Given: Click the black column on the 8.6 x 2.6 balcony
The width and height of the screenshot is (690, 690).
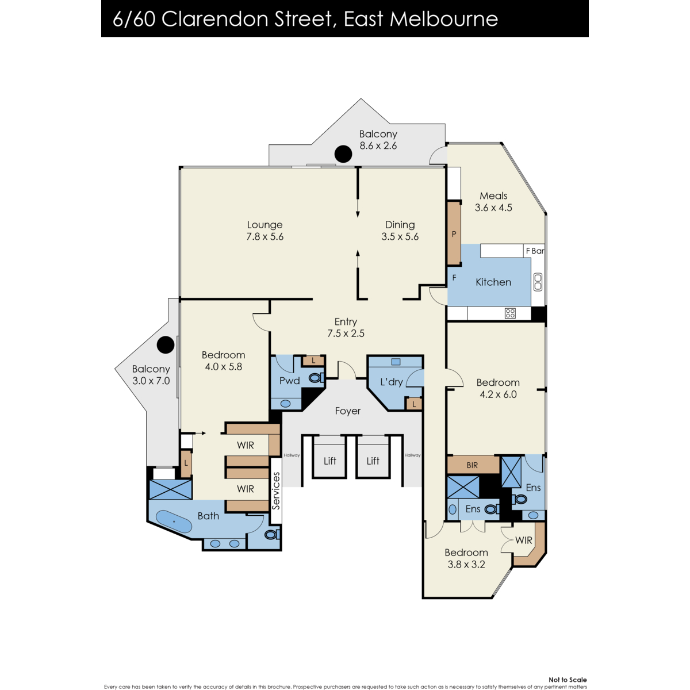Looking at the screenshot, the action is point(343,154).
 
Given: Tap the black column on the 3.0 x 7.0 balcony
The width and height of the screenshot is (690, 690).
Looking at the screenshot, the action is point(166,345).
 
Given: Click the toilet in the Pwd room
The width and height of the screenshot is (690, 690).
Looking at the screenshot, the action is point(316,377).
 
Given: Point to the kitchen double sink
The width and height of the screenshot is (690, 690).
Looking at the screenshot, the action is point(538,282).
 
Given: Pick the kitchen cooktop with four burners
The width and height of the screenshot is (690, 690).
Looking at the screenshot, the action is point(510,313).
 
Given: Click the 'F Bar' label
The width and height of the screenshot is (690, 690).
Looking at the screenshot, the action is point(535,251).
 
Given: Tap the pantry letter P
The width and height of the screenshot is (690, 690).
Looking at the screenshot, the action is point(454,234).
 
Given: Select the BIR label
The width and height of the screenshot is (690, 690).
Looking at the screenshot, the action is point(472,465).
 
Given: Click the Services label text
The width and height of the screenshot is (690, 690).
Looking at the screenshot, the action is point(276,490).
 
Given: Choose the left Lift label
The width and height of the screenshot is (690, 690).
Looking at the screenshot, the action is point(330,461).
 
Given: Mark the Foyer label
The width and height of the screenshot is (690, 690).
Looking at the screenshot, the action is point(348,411).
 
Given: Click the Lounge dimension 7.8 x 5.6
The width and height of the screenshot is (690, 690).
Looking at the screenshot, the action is point(264,237).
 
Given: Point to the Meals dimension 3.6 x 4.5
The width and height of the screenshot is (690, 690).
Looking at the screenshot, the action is point(493,208).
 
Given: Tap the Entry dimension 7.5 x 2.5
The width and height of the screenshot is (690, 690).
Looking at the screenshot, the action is point(346,333).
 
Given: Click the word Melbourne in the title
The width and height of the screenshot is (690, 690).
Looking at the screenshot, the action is point(444,19).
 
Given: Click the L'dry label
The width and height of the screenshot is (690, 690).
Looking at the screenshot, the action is point(392,382).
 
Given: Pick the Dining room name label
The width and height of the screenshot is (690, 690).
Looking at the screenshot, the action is point(400,225).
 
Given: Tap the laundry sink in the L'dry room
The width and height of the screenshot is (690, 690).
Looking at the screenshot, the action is point(395,362).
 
